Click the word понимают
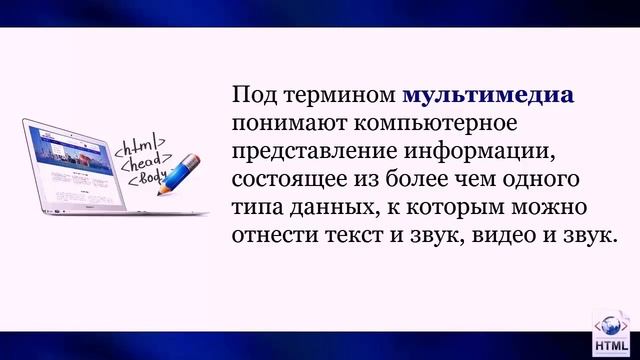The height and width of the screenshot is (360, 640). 282,126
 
